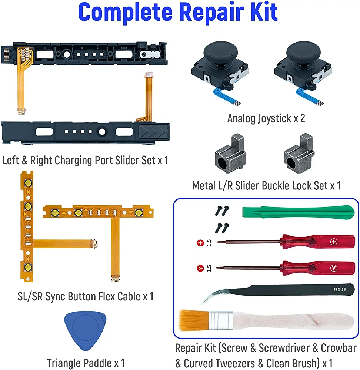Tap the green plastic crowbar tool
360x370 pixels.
[298, 212]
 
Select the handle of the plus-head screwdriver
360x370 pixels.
[318, 242]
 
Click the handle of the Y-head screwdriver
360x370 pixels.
[318, 268]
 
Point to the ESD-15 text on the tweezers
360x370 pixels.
[340, 290]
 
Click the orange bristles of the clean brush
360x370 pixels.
[194, 320]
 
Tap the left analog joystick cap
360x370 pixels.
[219, 53]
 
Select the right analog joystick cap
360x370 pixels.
[303, 53]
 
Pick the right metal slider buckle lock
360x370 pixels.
[299, 154]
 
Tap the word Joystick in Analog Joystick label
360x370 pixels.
[274, 119]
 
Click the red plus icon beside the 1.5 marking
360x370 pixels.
[200, 243]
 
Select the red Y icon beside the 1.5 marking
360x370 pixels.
[200, 268]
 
